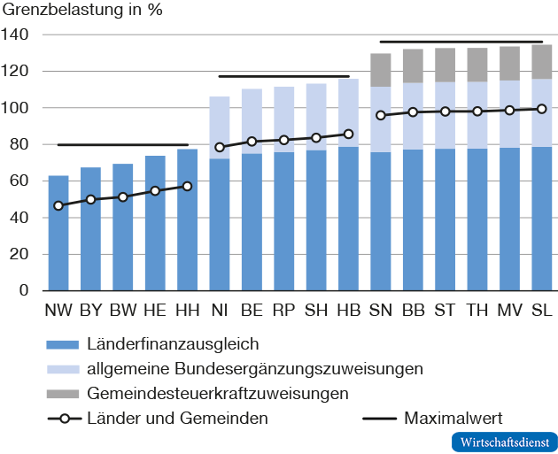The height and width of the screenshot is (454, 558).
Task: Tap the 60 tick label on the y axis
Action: (x=19, y=181)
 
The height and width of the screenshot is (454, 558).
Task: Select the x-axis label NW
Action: (x=58, y=311)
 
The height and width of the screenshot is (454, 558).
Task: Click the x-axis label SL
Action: (x=541, y=311)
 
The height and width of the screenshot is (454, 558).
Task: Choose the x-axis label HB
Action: (x=348, y=311)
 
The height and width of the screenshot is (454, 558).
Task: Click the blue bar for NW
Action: (x=58, y=239)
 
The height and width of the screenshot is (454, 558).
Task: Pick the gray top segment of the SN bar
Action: (x=381, y=70)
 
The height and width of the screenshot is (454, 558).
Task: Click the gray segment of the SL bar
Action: (x=541, y=62)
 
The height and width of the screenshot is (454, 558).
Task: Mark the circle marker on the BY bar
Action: (x=90, y=200)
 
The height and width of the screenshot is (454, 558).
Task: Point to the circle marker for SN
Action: (x=381, y=115)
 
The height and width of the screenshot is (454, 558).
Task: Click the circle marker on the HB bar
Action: (x=348, y=135)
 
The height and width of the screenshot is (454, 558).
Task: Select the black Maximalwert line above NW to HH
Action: (x=122, y=144)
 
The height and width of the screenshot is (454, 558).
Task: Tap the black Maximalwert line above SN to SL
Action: (x=461, y=42)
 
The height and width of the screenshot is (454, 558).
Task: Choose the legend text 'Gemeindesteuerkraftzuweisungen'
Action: (x=217, y=392)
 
